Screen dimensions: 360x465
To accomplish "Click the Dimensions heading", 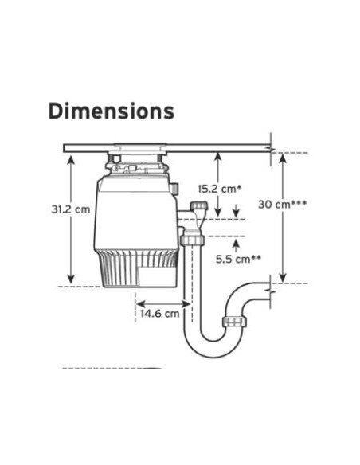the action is [x=112, y=111].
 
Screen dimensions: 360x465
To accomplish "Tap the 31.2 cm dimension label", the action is [x=71, y=209].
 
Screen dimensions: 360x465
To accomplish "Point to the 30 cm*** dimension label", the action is [x=282, y=205].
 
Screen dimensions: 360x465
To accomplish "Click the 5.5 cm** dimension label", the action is [x=238, y=260].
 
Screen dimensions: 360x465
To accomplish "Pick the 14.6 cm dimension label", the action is [x=159, y=314].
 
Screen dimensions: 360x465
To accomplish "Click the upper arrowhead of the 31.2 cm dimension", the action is [x=71, y=159].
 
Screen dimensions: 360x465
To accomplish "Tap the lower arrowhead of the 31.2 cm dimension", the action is [x=71, y=279].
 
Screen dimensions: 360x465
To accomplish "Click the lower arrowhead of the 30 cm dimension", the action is [x=283, y=278].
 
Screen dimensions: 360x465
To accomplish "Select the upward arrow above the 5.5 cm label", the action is [x=236, y=245].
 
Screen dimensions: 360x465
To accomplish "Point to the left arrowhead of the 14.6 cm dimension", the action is [x=140, y=303].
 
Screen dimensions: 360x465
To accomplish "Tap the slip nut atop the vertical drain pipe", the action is [x=192, y=240].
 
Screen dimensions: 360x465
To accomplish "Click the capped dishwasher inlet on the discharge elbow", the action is [x=199, y=205].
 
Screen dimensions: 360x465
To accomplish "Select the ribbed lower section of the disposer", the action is [x=138, y=268].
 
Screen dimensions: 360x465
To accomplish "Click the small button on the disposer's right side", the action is [x=174, y=189].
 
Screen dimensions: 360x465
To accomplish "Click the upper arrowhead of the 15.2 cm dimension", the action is [x=218, y=157].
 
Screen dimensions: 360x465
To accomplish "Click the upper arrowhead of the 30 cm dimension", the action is [x=283, y=158].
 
